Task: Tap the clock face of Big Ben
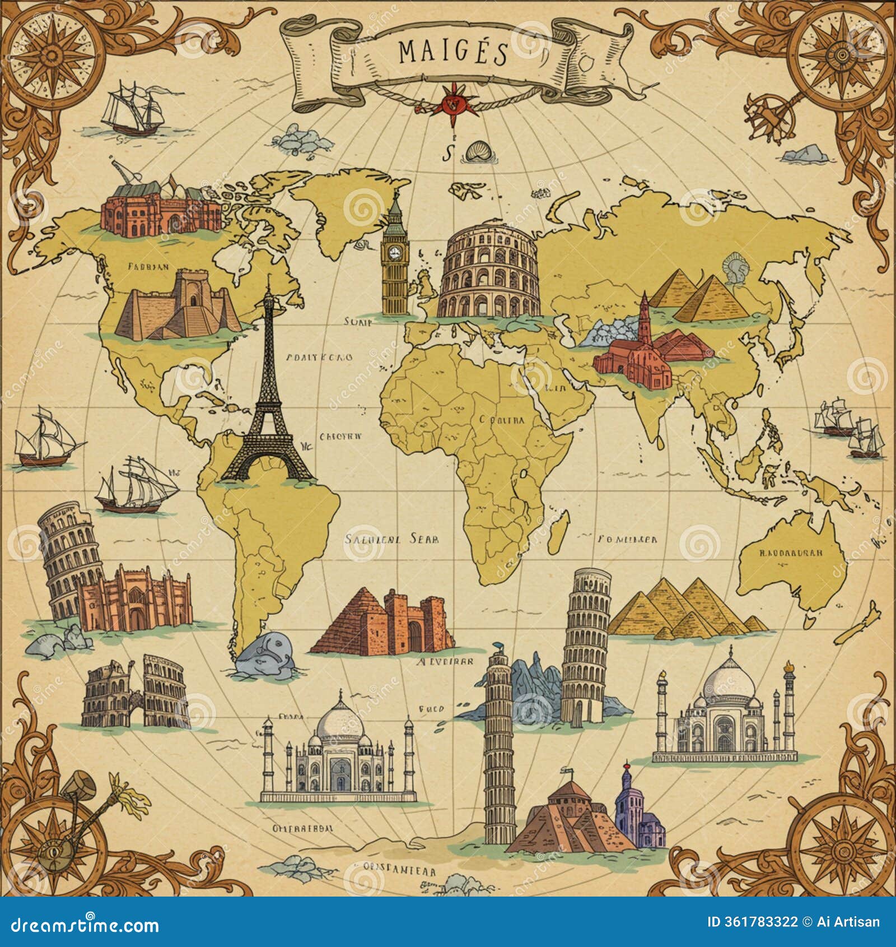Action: (x=395, y=252)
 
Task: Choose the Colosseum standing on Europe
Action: (x=489, y=277)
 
